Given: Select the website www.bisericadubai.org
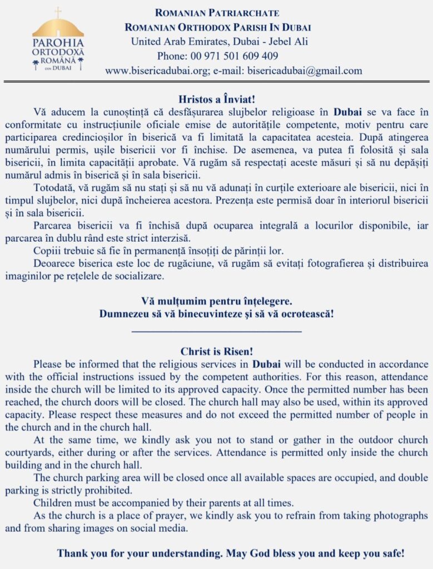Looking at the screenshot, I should point(157,71).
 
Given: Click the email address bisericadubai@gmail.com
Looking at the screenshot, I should point(305,71).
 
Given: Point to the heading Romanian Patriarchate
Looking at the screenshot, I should point(217,12).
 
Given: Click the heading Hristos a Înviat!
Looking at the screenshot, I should point(217,100).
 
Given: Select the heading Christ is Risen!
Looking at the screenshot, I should point(217,351).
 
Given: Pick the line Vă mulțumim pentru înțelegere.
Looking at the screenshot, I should point(217,301).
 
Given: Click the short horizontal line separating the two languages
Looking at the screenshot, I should point(217,332).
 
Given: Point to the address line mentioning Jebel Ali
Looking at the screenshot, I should point(220,41).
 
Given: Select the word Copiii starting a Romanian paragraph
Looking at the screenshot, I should point(47,250).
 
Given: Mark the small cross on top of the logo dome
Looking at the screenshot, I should point(58,12).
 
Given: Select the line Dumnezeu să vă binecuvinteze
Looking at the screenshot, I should point(217,313).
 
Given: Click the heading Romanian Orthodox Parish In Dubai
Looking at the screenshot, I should point(217,27).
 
